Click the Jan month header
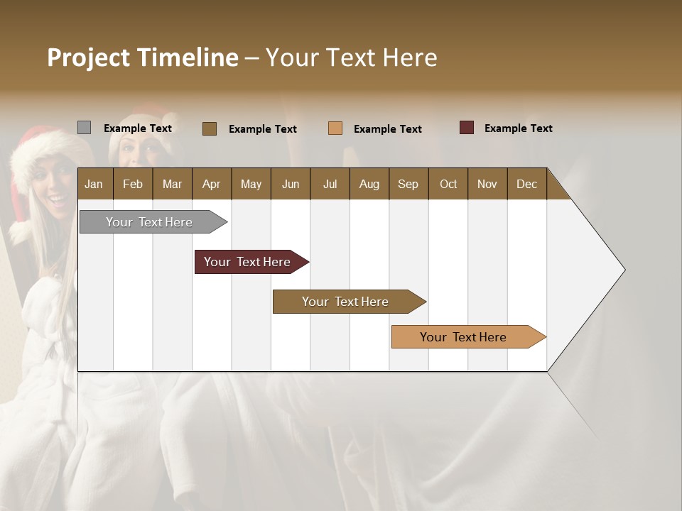pos(94,184)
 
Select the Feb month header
pos(133,184)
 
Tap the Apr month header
pos(211,184)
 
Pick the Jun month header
pos(291,184)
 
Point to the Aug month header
pos(369,184)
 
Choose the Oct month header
pos(448,184)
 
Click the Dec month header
pos(526,184)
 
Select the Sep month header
pos(408,184)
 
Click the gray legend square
pos(84,128)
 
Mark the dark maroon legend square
pos(466,128)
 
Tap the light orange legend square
pos(335,128)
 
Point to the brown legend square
pos(209,128)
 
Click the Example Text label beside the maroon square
pos(518,128)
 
